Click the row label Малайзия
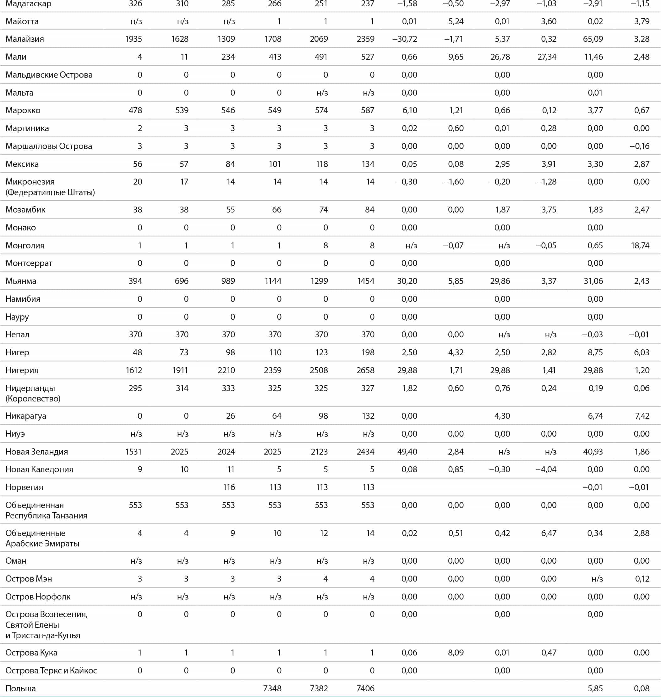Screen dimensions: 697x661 pos(25,39)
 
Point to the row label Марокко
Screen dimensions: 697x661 pos(23,110)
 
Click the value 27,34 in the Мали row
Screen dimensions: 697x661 pos(547,57)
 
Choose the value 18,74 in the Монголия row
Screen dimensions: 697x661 pos(640,245)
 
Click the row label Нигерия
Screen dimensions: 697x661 pos(22,370)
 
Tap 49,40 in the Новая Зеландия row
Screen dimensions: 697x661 pos(407,452)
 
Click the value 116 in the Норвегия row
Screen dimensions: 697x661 pos(229,487)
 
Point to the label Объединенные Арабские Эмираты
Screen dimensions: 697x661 pos(42,538)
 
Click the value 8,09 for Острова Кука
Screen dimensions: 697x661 pos(456,653)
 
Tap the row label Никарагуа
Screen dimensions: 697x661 pos(26,416)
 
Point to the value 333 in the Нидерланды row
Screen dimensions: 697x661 pos(228,388)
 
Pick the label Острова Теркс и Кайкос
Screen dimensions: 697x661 pos(51,670)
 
